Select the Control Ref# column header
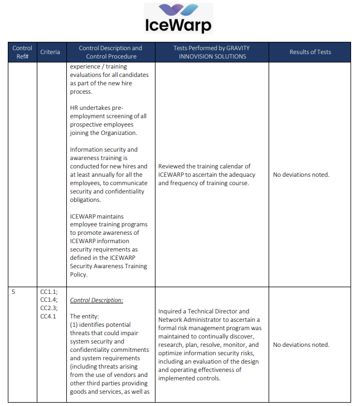(22, 52)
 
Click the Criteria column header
(50, 52)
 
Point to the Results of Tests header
(310, 52)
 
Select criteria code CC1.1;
(49, 292)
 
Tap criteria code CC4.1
(48, 317)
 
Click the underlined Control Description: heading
(96, 300)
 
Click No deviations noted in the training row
(301, 175)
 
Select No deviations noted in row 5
(301, 345)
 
